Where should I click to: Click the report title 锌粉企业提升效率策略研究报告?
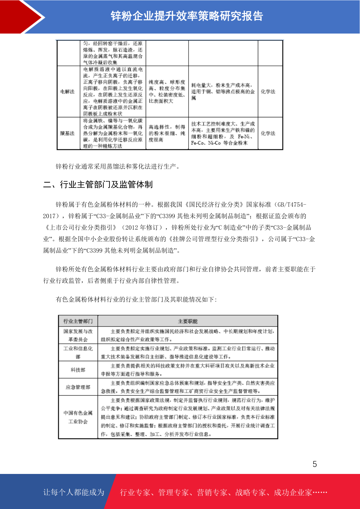point(187,16)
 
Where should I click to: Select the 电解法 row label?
point(67,92)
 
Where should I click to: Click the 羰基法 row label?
point(67,133)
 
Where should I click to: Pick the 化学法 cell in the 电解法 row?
point(268,92)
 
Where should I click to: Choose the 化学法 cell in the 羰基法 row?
point(268,133)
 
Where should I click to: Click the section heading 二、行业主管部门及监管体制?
point(98,184)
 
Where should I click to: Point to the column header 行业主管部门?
point(78,321)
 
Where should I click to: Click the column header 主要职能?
point(187,321)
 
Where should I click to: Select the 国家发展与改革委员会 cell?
point(78,335)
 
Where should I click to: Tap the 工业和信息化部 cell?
point(78,352)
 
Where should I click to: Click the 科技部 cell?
point(78,370)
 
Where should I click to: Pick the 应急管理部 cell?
point(78,387)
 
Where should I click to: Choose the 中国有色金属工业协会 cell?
point(78,417)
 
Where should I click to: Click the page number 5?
point(315,464)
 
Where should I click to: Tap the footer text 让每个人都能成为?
point(74,492)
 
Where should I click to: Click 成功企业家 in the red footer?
point(293,492)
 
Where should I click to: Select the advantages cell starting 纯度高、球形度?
point(167,92)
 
